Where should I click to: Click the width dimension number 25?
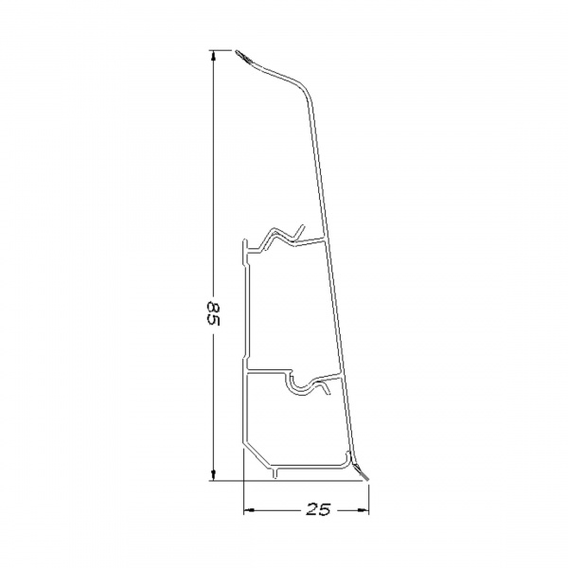(x=317, y=510)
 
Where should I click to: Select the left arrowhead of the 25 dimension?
(x=250, y=510)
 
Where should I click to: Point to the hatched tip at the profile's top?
(x=244, y=58)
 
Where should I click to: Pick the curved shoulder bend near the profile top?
(x=301, y=90)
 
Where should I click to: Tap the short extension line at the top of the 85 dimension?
(x=223, y=50)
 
